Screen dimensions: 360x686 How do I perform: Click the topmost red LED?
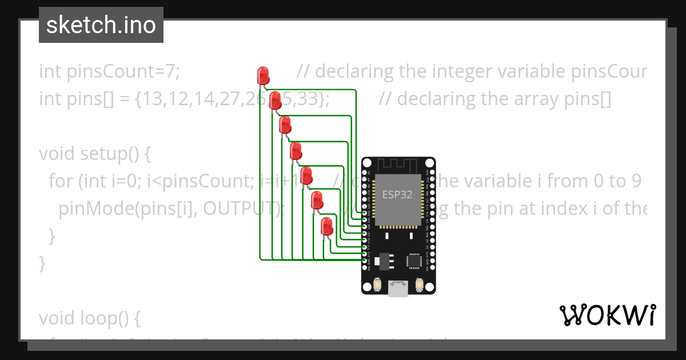[x=263, y=75]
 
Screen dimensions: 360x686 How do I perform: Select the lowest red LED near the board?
[x=326, y=226]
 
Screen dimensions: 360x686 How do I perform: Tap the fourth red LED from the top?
[x=295, y=151]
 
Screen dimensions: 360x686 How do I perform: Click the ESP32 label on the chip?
[x=397, y=194]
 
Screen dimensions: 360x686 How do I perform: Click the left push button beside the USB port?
[x=377, y=284]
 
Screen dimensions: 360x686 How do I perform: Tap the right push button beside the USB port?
[x=420, y=284]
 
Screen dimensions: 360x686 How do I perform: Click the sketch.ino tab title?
[x=101, y=25]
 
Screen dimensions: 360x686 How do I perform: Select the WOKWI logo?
[x=608, y=315]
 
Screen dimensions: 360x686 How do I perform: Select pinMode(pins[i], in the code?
[x=125, y=209]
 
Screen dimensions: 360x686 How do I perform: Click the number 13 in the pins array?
[x=152, y=99]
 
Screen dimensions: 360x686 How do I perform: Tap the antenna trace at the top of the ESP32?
[x=398, y=165]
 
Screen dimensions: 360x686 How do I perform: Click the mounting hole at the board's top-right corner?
[x=429, y=163]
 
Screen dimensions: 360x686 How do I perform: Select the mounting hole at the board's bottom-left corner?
[x=367, y=289]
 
